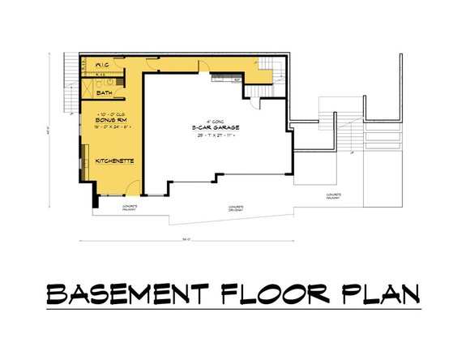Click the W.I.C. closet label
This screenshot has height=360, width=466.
[103, 64]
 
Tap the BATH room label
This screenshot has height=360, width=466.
[105, 93]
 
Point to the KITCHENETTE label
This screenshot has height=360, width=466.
[114, 161]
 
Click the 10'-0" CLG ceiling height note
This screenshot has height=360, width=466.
[108, 113]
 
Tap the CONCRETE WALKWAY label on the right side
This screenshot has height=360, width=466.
[333, 196]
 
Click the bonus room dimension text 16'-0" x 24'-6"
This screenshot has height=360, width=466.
[108, 126]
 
